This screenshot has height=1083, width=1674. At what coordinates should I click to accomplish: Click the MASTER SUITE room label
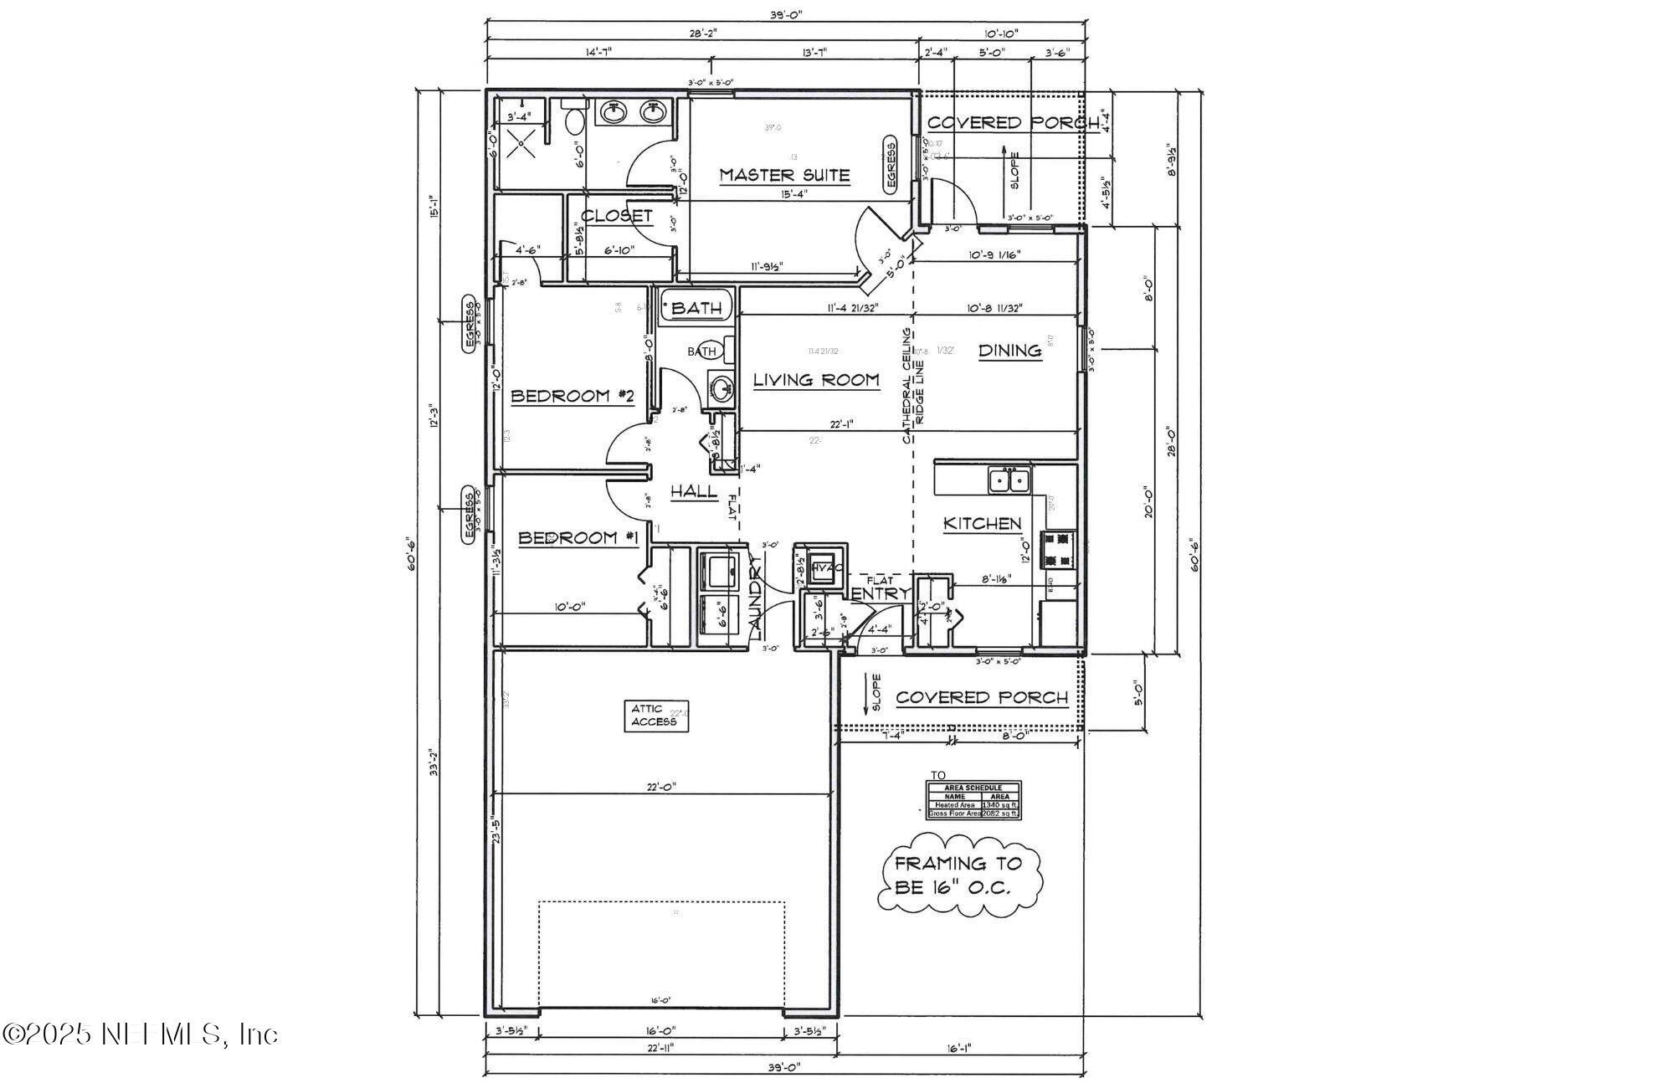pyautogui.click(x=784, y=176)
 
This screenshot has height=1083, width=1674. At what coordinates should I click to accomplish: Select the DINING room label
pyautogui.click(x=1009, y=351)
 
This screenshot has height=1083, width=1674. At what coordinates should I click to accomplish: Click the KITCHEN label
pyautogui.click(x=982, y=524)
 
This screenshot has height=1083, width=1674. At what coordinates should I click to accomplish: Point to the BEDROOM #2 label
pyautogui.click(x=572, y=396)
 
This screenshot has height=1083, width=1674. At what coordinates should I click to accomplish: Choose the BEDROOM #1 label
pyautogui.click(x=578, y=538)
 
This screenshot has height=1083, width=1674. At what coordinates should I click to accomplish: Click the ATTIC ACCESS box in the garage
pyautogui.click(x=656, y=716)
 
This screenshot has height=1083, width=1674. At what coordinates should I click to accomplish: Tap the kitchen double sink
pyautogui.click(x=1009, y=480)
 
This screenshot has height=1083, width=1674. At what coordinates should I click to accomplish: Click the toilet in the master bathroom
pyautogui.click(x=575, y=122)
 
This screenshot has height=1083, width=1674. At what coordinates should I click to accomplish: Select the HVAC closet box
pyautogui.click(x=823, y=567)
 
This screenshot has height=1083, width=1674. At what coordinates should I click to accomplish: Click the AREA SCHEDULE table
pyautogui.click(x=973, y=800)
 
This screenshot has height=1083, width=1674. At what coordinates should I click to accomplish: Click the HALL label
pyautogui.click(x=694, y=491)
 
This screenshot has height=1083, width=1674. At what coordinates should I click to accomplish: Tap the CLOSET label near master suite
pyautogui.click(x=616, y=216)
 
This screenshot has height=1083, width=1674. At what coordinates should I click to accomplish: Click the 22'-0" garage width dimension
pyautogui.click(x=661, y=787)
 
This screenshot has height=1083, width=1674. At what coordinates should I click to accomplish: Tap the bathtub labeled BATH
pyautogui.click(x=696, y=308)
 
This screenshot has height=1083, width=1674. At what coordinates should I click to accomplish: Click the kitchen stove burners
pyautogui.click(x=1058, y=550)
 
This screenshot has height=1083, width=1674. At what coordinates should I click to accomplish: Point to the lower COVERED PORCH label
pyautogui.click(x=981, y=697)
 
